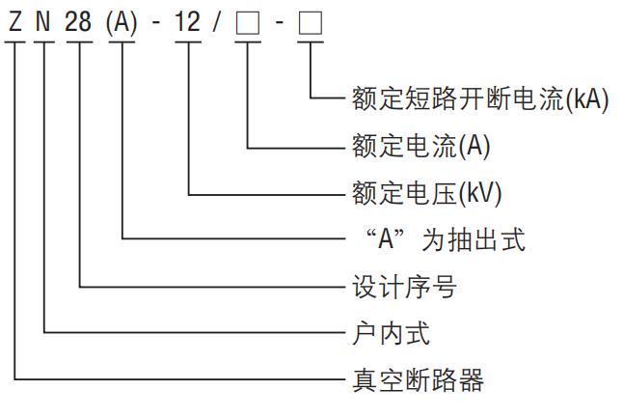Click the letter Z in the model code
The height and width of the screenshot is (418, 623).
click(x=14, y=21)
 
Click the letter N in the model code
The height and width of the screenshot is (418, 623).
click(x=45, y=21)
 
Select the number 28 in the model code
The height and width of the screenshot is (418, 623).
click(x=80, y=21)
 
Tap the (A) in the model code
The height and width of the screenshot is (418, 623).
click(x=123, y=21)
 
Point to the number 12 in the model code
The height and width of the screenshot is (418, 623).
click(x=188, y=21)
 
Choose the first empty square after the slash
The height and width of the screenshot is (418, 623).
click(x=248, y=22)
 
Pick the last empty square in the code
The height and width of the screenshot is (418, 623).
click(x=310, y=22)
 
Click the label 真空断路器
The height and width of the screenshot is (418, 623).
click(x=415, y=380)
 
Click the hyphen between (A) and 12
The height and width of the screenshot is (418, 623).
click(x=156, y=22)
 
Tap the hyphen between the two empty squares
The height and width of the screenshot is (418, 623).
click(x=279, y=22)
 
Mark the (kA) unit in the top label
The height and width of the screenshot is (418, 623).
click(x=587, y=99)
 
